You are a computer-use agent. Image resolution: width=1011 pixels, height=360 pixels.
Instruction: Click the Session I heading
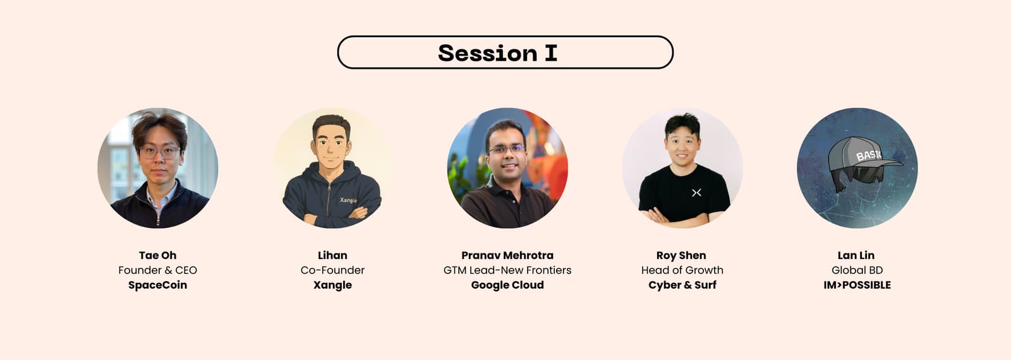(497, 53)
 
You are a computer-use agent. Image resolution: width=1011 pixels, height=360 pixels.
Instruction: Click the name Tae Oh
(157, 255)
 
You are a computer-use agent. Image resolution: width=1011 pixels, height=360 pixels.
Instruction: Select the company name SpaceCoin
(157, 285)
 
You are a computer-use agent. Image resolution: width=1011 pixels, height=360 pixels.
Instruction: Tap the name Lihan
(332, 255)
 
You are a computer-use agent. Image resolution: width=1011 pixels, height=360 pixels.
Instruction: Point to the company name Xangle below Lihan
(332, 285)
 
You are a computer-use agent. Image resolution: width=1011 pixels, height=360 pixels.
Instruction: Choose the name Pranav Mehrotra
(507, 255)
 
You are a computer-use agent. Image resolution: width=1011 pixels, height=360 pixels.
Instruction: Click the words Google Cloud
(507, 285)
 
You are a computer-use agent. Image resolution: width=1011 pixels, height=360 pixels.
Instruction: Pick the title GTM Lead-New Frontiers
(507, 270)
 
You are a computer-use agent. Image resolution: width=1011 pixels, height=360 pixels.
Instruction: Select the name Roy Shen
(681, 255)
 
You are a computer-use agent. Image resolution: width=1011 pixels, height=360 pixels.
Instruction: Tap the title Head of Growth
(682, 270)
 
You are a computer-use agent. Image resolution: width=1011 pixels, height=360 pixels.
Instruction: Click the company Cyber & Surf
(682, 285)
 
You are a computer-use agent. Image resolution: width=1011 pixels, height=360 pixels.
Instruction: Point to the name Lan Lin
(856, 255)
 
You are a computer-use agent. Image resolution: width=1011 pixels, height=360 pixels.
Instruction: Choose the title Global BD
(857, 270)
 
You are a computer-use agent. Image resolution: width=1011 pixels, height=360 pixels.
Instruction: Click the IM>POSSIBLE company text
(857, 285)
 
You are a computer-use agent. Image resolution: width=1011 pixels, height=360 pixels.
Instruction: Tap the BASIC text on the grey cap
(869, 155)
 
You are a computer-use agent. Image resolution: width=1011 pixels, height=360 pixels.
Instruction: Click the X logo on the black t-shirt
(696, 193)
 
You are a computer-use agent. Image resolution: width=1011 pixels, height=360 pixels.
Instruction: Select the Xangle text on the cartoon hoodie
(348, 200)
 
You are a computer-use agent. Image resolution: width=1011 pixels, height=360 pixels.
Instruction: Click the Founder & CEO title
(157, 270)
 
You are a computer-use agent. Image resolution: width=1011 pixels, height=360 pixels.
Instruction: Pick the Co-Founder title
(332, 270)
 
